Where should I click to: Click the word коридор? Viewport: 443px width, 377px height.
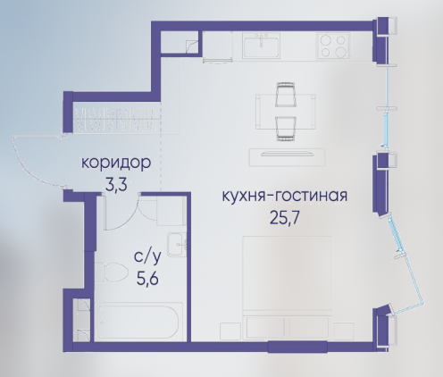click(116, 163)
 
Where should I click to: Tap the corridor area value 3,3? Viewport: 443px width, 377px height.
click(116, 185)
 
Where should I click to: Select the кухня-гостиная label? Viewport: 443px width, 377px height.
click(285, 196)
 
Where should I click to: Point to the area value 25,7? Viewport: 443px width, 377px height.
click(284, 218)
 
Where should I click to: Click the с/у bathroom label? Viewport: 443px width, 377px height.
click(147, 257)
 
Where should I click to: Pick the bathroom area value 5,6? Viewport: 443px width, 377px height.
click(147, 279)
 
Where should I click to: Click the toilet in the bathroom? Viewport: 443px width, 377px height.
click(111, 272)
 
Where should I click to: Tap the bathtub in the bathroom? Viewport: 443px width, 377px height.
click(138, 322)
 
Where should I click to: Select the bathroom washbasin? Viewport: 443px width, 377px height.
click(177, 245)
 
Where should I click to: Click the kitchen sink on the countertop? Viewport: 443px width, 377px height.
click(261, 46)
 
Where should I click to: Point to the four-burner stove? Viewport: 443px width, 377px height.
click(333, 46)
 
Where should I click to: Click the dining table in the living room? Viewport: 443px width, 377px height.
click(286, 112)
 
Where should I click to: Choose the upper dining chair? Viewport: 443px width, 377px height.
click(286, 94)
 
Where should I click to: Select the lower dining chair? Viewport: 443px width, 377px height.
click(286, 129)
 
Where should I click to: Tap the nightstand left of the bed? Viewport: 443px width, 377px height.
click(230, 331)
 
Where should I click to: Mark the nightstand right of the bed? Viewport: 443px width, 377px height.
click(344, 331)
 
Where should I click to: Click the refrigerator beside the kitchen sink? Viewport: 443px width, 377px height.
click(218, 47)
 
